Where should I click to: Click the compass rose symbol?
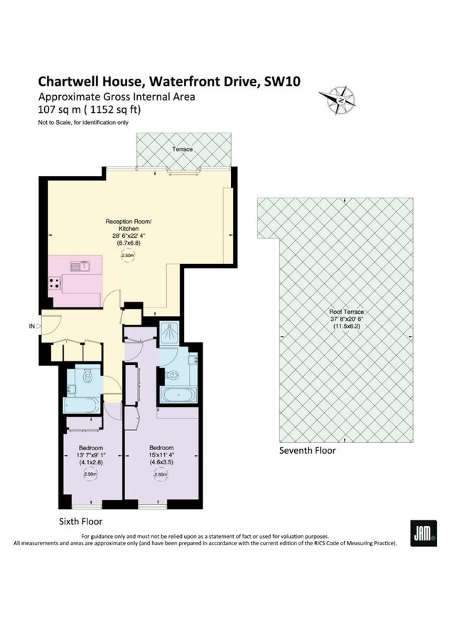[x=340, y=100]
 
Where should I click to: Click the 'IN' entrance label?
[x=31, y=327]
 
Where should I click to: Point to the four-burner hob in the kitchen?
[x=54, y=283]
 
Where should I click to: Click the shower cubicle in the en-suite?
[x=170, y=332]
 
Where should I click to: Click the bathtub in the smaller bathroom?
[x=83, y=405]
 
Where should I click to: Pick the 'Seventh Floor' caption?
[x=307, y=450]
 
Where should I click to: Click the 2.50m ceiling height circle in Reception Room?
[x=128, y=256]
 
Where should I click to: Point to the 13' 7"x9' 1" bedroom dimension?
[x=92, y=455]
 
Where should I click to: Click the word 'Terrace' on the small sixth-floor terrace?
[x=182, y=150]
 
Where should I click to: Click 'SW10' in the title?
[x=282, y=82]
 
